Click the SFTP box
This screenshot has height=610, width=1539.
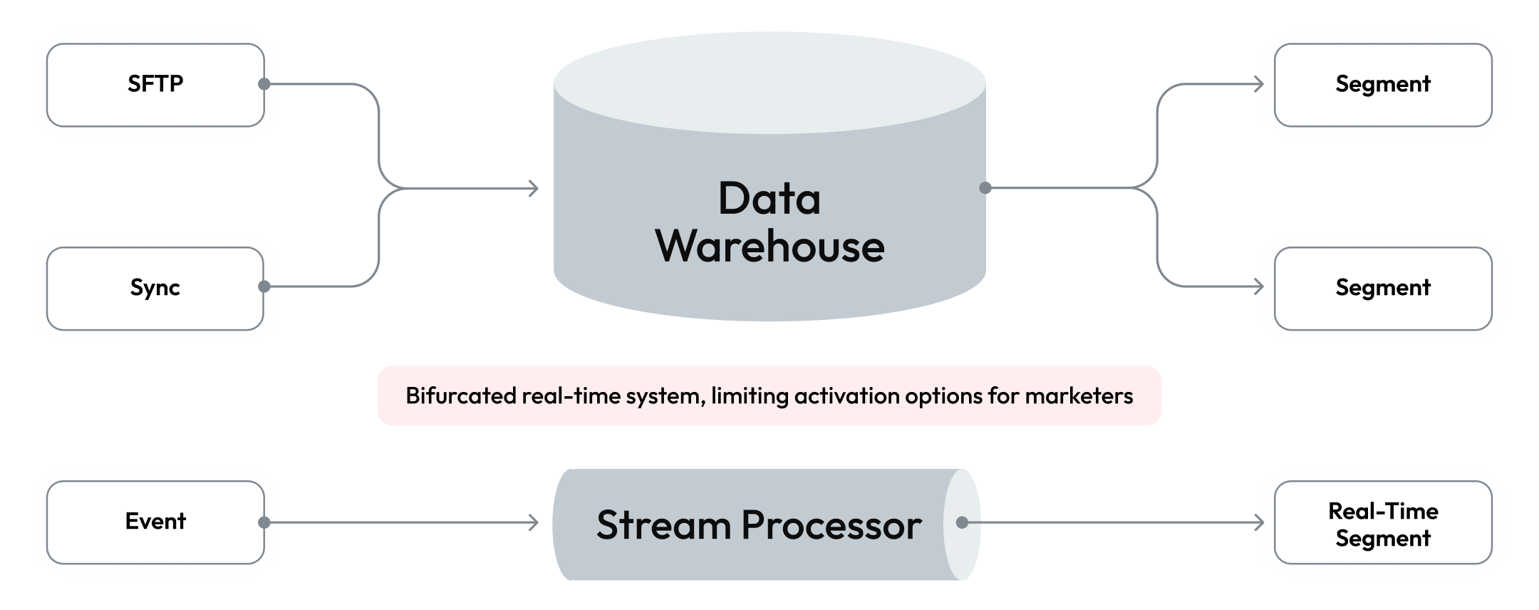pyautogui.click(x=155, y=84)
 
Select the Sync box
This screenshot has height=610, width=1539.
pyautogui.click(x=155, y=288)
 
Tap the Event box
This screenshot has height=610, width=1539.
pyautogui.click(x=155, y=522)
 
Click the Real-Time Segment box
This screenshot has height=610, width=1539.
pyautogui.click(x=1382, y=524)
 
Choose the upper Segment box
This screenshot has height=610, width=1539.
pyautogui.click(x=1382, y=84)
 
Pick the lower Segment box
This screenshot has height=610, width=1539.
pyautogui.click(x=1382, y=288)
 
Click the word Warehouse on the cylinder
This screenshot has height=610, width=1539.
pyautogui.click(x=769, y=247)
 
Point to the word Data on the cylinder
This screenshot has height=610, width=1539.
pyautogui.click(x=769, y=198)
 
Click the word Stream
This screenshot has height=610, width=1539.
pyautogui.click(x=663, y=526)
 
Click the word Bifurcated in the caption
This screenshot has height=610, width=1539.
pyautogui.click(x=460, y=396)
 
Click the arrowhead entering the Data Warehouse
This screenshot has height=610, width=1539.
pyautogui.click(x=534, y=188)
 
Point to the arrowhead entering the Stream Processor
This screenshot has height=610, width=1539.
pyautogui.click(x=534, y=522)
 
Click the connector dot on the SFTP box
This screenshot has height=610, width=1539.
pyautogui.click(x=264, y=84)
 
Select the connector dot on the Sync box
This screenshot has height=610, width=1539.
pyautogui.click(x=264, y=286)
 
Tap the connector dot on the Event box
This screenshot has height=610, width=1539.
pyautogui.click(x=264, y=522)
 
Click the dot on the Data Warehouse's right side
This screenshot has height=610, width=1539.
pyautogui.click(x=985, y=188)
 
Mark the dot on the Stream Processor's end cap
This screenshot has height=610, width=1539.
pyautogui.click(x=962, y=522)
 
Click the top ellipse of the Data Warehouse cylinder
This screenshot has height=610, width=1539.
pyautogui.click(x=769, y=82)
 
